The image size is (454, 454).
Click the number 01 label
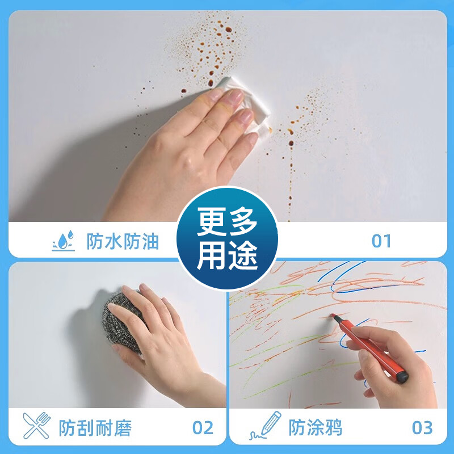tap(381, 241)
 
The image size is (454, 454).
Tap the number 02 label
tap(203, 427)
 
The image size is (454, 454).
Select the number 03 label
tap(422, 427)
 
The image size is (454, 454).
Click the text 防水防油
tap(123, 242)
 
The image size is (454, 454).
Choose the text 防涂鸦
tap(316, 427)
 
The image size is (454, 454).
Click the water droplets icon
tap(63, 241)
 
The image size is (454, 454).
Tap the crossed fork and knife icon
tap(36, 426)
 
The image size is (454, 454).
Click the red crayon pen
tap(369, 346)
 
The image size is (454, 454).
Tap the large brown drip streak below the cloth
tap(290, 170)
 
